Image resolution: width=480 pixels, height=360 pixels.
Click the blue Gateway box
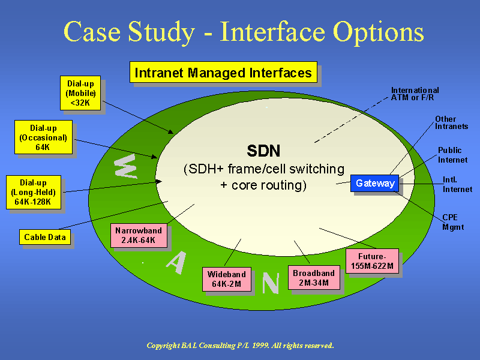[x=375, y=183]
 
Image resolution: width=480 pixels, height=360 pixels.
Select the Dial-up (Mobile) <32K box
[x=80, y=93]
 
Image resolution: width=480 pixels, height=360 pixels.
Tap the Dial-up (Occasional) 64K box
[x=43, y=137]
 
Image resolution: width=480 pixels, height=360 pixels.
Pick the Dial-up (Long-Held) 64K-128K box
[x=34, y=192]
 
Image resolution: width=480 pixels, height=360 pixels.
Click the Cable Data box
[x=44, y=237]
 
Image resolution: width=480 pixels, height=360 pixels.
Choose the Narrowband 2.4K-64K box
[x=139, y=235]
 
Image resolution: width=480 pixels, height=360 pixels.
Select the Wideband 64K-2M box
[x=226, y=279]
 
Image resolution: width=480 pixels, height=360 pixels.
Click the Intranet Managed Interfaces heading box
[x=223, y=73]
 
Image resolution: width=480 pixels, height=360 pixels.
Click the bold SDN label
[x=263, y=151]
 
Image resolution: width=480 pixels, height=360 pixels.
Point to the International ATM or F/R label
[x=415, y=94]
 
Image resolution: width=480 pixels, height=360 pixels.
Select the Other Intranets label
[x=451, y=123]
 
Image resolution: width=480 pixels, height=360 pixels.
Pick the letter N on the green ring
[x=271, y=283]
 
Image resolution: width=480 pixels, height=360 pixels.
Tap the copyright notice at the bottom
[x=240, y=346]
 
